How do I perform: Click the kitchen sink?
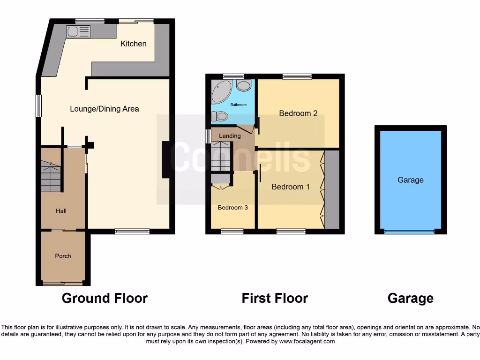click(78, 31)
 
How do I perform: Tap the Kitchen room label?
click(134, 44)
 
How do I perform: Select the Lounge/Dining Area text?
click(105, 109)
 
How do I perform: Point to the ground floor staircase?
click(51, 176)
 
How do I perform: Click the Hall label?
click(61, 211)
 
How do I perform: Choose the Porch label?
click(63, 256)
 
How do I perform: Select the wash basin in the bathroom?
click(243, 85)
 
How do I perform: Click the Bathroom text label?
click(238, 105)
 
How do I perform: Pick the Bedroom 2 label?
click(298, 113)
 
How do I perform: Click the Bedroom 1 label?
click(291, 187)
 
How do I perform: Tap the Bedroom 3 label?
click(232, 207)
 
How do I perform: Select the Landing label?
click(230, 136)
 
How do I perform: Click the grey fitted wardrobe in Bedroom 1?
click(332, 189)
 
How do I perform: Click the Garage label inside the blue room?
click(410, 180)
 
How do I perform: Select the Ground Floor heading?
click(105, 298)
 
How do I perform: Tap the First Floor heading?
click(275, 298)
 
